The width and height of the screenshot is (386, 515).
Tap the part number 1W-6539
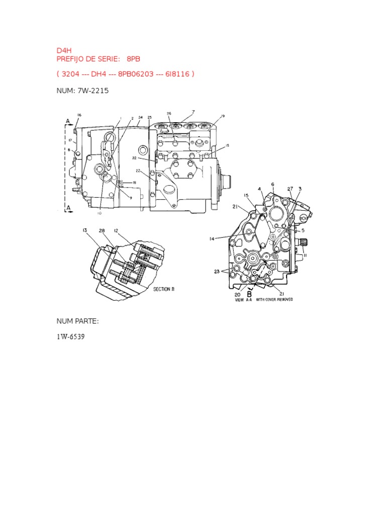click(70, 336)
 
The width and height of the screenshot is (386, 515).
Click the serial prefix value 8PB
click(135, 59)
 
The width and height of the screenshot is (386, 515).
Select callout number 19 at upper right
click(222, 116)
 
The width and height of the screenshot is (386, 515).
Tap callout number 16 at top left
click(79, 115)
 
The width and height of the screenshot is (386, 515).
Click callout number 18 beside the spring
click(134, 183)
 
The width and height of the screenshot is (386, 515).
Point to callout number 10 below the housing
click(99, 213)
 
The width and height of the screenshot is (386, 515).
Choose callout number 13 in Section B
click(85, 230)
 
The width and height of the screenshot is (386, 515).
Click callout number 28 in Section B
click(102, 230)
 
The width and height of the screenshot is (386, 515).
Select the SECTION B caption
click(163, 289)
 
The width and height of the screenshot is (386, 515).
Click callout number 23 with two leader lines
click(217, 272)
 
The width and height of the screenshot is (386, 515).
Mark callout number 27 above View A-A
click(290, 189)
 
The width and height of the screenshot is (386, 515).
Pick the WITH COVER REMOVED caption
click(275, 299)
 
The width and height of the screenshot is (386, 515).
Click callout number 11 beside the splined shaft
click(305, 255)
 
